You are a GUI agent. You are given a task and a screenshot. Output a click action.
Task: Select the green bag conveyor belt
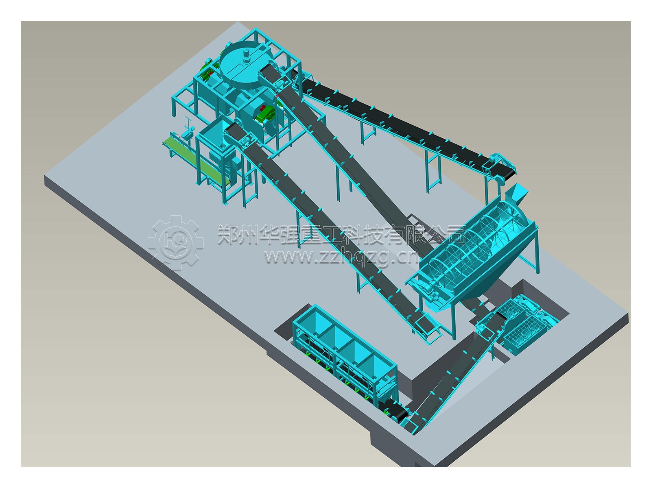click(196, 160)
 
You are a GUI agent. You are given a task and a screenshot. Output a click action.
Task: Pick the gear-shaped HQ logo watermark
click(175, 243)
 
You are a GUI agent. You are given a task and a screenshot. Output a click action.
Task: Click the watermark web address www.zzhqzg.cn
click(341, 257)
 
